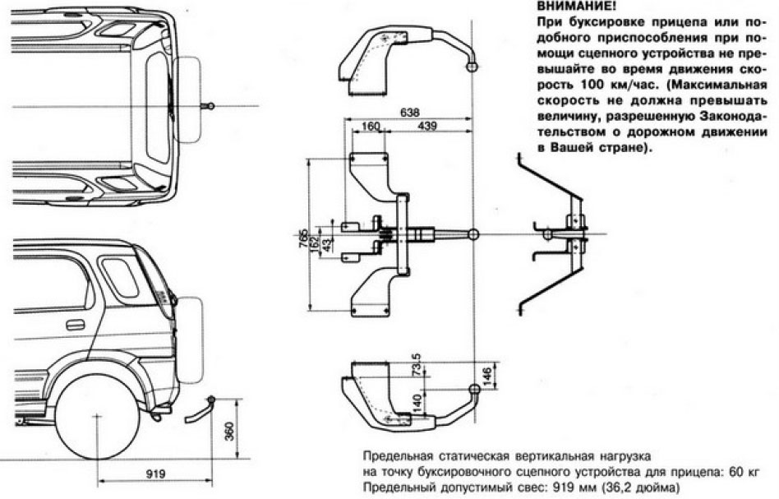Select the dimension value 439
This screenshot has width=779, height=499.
[427, 127]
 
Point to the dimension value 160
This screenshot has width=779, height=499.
[371, 127]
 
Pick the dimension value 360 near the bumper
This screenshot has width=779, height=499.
[230, 431]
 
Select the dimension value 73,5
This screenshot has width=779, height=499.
[417, 363]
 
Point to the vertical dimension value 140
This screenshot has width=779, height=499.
[417, 402]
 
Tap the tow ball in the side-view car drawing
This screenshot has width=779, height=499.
[211, 400]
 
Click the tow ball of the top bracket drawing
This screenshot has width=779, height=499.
[472, 67]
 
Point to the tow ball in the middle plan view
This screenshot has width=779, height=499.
[472, 235]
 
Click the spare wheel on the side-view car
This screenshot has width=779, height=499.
[190, 337]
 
